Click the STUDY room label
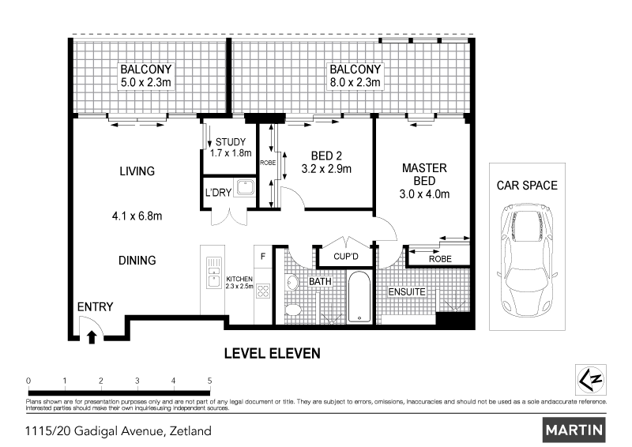point(231,142)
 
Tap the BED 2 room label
point(326,156)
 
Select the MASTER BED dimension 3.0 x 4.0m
point(424,194)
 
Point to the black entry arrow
point(92,337)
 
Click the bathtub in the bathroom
point(359,297)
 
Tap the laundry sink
point(245,188)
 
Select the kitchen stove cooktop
point(263,291)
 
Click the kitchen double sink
point(214,273)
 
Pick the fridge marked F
point(263,257)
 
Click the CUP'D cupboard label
point(346,257)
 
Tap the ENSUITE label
point(407,292)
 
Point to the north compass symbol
point(590,380)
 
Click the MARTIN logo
point(574,430)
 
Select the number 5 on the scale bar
point(209,381)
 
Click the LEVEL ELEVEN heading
point(273,354)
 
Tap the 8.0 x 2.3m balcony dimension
point(355,83)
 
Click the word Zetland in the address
point(190,431)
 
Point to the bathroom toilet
point(293,310)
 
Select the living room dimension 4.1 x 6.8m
point(137,216)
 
